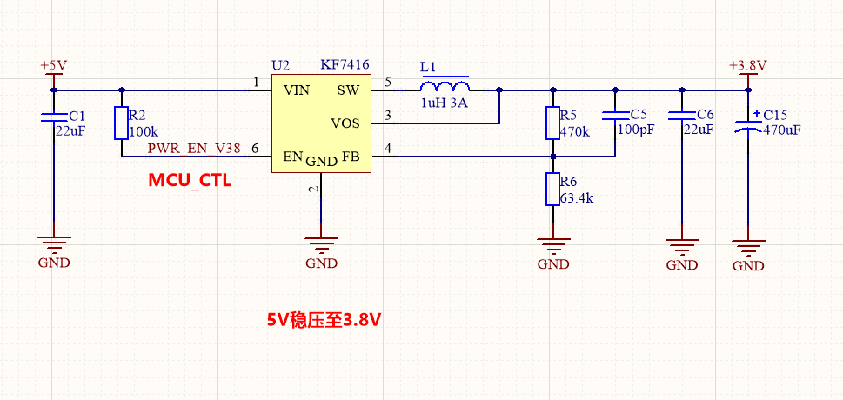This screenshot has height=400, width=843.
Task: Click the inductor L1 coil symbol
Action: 445,84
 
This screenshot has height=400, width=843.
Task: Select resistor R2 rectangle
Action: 121,123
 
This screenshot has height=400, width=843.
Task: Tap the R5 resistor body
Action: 552,123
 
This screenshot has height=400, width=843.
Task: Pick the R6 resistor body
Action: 552,189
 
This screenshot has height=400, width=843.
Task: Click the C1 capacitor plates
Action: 54,117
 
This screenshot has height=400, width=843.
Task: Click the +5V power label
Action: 54,65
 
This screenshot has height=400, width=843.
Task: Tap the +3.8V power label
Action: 748,65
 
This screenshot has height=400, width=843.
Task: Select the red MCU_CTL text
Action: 190,181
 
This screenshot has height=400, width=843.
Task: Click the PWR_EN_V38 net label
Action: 194,149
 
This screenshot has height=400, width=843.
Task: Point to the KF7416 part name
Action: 345,65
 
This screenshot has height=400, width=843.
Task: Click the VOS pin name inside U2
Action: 345,123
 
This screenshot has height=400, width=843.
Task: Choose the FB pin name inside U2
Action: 351,157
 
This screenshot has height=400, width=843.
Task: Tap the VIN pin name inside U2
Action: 297,90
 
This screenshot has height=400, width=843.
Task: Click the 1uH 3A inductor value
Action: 444,103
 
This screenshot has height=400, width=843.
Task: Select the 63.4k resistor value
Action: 577,198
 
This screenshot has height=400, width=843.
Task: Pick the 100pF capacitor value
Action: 636,129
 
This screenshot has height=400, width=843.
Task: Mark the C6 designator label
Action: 706,115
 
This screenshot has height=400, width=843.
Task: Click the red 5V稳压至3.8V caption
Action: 324,320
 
